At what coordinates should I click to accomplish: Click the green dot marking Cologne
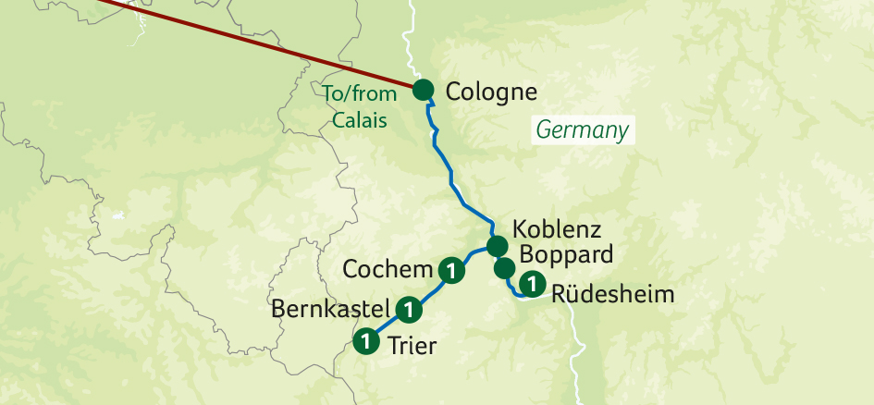click(423, 90)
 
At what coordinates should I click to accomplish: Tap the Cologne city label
click(491, 92)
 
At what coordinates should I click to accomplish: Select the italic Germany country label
click(583, 130)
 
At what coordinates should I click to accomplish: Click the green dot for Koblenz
click(497, 246)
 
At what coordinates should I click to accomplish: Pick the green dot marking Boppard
click(504, 268)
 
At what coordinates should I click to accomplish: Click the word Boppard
click(566, 254)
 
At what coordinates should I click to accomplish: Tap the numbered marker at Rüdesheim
click(532, 285)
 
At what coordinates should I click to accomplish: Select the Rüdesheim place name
click(611, 296)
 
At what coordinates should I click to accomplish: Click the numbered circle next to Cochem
click(450, 270)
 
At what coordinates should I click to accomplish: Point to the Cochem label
click(388, 270)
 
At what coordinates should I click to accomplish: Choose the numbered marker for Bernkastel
click(408, 308)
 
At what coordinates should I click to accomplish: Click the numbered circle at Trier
click(367, 341)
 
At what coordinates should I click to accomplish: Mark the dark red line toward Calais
click(259, 45)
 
